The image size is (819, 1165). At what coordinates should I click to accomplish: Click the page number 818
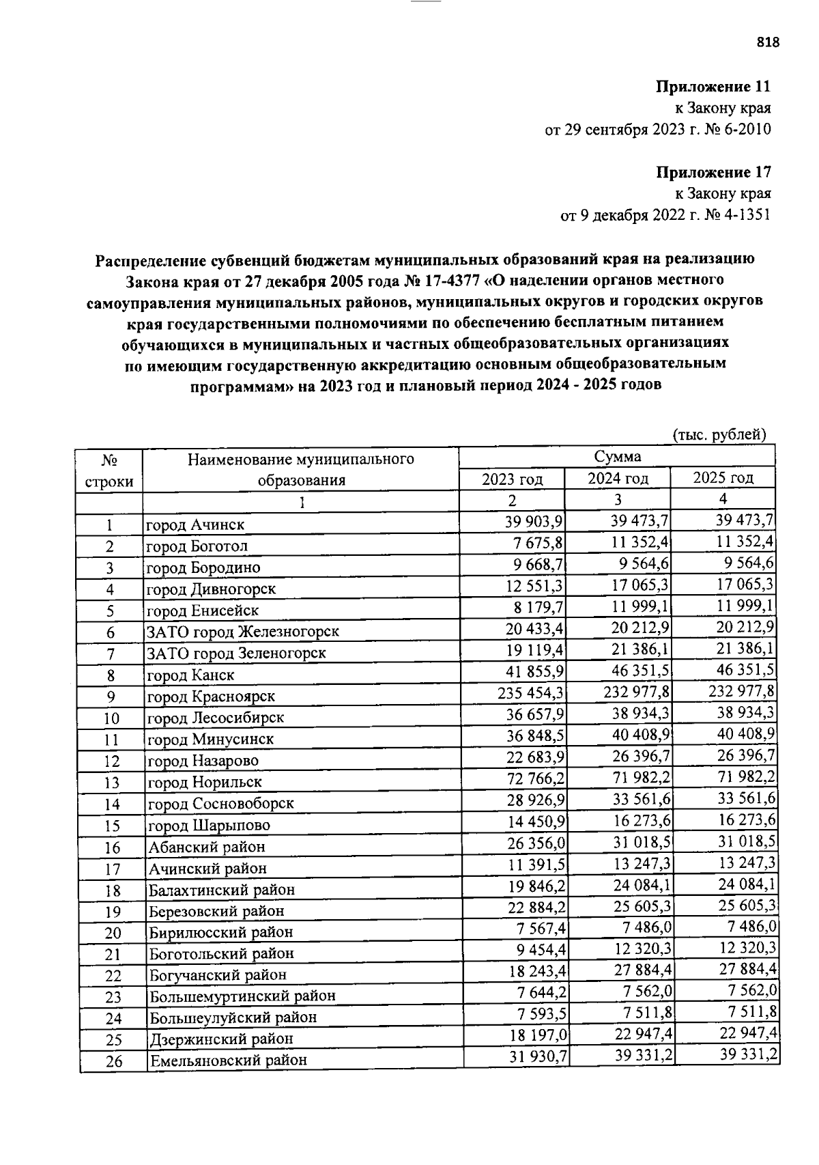768,42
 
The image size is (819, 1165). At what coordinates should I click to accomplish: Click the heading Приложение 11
713,87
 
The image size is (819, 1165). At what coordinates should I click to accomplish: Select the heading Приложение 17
713,171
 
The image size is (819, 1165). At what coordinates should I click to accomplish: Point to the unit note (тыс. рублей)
719,434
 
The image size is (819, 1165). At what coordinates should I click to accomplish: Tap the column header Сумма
616,457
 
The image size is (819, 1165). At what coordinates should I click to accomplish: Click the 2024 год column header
618,478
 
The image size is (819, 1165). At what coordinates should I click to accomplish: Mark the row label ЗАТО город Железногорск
243,632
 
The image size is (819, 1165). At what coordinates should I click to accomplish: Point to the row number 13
112,783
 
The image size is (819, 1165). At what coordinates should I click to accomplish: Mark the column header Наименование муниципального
301,459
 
